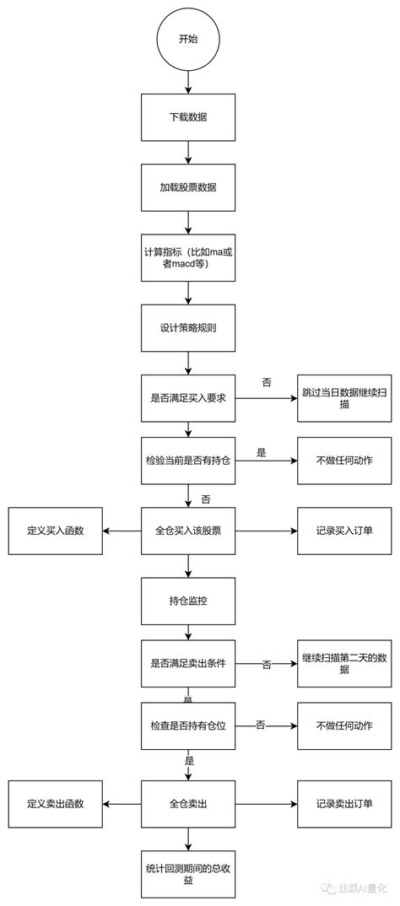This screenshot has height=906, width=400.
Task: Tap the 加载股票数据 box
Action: (x=187, y=187)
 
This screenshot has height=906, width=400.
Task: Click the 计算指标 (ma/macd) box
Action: (x=187, y=258)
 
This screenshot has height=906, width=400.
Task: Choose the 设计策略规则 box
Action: (x=187, y=327)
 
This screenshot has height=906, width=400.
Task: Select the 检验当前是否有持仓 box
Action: (x=187, y=461)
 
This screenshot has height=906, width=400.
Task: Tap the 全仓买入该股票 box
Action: (x=187, y=531)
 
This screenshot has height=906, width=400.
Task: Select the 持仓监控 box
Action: (x=187, y=601)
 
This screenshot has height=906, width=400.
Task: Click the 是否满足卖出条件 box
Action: (x=187, y=664)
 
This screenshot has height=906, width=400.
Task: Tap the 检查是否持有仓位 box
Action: (x=187, y=725)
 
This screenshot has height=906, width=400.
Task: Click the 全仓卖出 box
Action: (x=187, y=803)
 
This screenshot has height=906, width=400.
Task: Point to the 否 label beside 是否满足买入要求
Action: (x=267, y=382)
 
